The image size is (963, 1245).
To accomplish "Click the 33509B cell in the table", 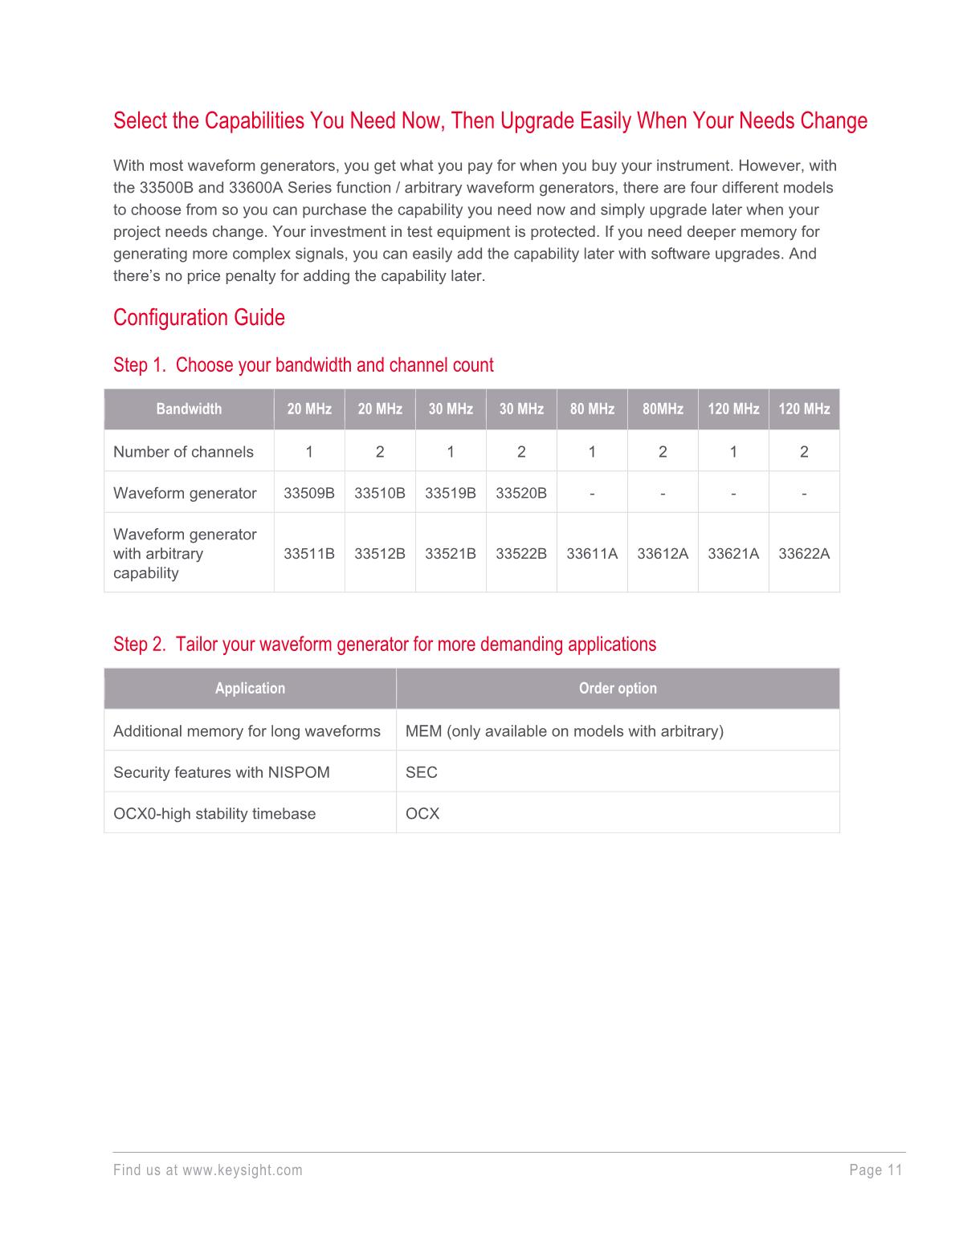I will (309, 493).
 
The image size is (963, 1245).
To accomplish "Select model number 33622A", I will (804, 553).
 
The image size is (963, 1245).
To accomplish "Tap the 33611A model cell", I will (592, 553).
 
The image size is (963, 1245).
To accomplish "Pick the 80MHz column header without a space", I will (663, 409).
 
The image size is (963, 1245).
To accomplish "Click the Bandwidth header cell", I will (189, 409).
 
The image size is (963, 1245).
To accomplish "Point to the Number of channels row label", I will (183, 452).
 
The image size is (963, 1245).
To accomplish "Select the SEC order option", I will (422, 772).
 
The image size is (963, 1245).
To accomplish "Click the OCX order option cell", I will (422, 813).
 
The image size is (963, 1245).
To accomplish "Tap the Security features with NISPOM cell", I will (222, 772).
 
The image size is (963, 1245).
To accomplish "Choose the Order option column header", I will (618, 689).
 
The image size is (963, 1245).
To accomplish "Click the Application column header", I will (250, 689).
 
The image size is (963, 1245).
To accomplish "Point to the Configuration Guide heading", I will (199, 318).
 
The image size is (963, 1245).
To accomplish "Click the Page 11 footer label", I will (875, 1170).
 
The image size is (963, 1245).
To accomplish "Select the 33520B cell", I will (521, 493).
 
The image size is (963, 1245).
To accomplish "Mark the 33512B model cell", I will (380, 553).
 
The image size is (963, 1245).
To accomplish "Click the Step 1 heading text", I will (303, 365).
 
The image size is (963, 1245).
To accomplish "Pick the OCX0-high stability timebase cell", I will (214, 813).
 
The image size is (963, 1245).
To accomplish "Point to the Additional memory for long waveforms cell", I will (247, 731).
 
